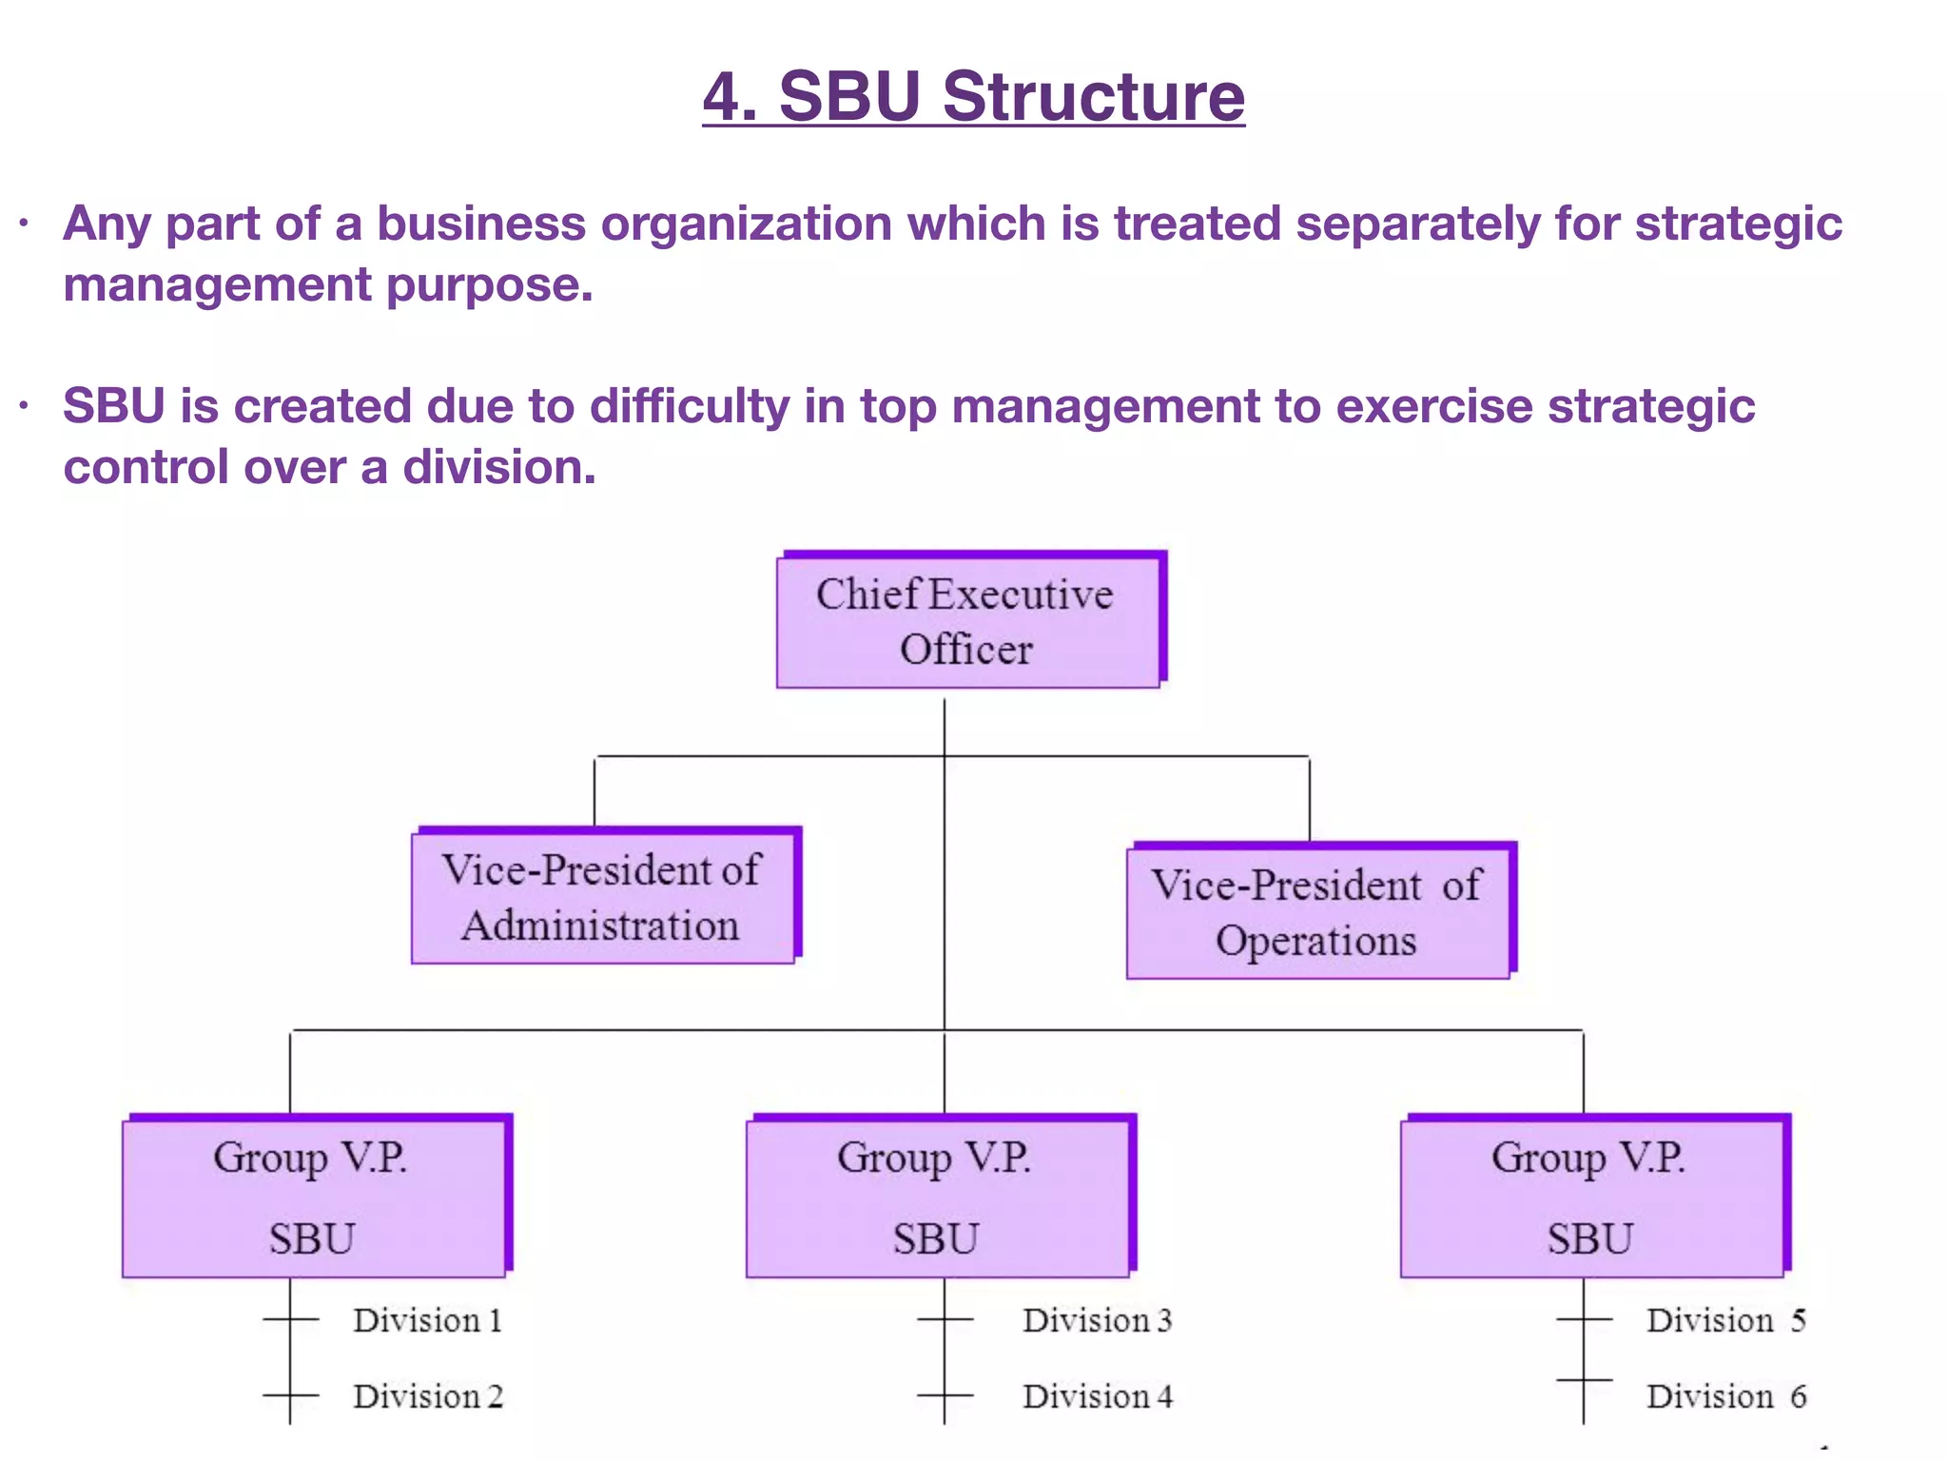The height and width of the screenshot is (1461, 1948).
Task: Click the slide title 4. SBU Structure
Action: tap(973, 97)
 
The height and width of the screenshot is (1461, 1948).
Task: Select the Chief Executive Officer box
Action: tap(968, 621)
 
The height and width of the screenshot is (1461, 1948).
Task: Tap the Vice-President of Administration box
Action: tap(603, 897)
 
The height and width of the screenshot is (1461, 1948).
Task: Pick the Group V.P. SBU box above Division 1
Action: tap(314, 1197)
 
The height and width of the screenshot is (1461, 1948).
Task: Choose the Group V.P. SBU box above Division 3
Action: tap(938, 1197)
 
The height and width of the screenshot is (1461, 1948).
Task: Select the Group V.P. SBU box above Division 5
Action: tap(1591, 1197)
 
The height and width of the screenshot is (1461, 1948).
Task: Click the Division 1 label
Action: tap(427, 1320)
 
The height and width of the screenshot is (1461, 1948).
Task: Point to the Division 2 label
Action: tap(427, 1396)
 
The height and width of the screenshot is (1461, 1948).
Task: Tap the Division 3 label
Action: tap(1097, 1320)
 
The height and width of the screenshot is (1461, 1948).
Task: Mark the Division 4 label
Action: tap(1097, 1396)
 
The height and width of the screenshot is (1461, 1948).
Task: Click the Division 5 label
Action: tap(1725, 1320)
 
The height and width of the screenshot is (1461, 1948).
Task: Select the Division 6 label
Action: tap(1725, 1396)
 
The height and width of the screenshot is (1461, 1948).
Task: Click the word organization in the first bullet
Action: tap(746, 224)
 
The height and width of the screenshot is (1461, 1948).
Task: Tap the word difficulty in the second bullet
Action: tap(690, 407)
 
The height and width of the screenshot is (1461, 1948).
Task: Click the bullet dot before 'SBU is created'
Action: tap(24, 407)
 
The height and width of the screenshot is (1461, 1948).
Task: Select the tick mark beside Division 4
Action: tap(945, 1396)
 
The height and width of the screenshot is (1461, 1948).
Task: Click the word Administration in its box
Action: tap(600, 925)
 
